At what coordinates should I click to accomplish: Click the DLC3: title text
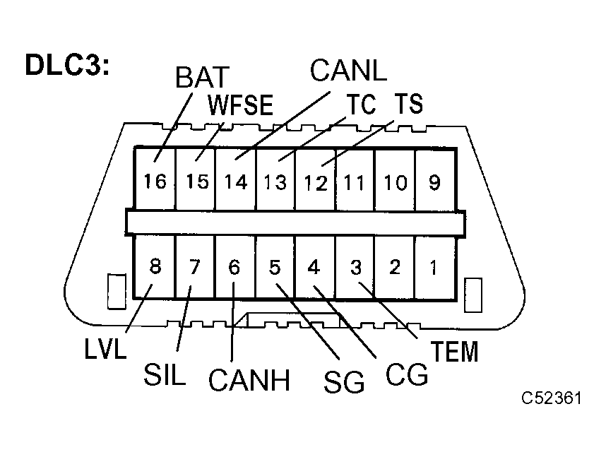pyautogui.click(x=66, y=64)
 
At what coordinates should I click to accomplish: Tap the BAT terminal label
pyautogui.click(x=203, y=78)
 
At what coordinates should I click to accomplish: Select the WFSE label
pyautogui.click(x=240, y=106)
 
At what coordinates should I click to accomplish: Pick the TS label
pyautogui.click(x=408, y=104)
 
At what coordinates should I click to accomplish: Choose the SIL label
pyautogui.click(x=164, y=374)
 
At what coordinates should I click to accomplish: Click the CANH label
pyautogui.click(x=249, y=381)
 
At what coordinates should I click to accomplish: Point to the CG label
pyautogui.click(x=407, y=374)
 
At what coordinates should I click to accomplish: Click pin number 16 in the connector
pyautogui.click(x=155, y=182)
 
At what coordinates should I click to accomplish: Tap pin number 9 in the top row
pyautogui.click(x=434, y=182)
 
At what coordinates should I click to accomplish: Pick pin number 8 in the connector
pyautogui.click(x=155, y=268)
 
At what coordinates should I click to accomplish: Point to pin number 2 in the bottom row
pyautogui.click(x=395, y=268)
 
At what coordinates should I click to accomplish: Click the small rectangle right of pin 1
pyautogui.click(x=473, y=295)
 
